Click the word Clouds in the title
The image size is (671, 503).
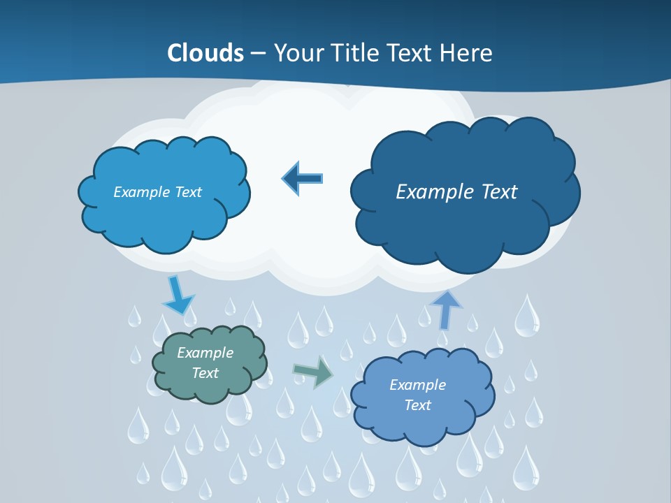(205, 53)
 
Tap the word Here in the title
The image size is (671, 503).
(468, 53)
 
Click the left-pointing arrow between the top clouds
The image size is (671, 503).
(302, 178)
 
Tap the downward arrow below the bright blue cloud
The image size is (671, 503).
(177, 295)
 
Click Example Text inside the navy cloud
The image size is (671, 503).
(456, 191)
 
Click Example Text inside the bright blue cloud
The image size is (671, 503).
(157, 191)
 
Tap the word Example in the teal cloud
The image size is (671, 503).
(205, 353)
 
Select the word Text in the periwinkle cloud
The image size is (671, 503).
(417, 405)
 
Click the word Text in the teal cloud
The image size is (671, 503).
(205, 373)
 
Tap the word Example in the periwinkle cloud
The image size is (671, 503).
(417, 385)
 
